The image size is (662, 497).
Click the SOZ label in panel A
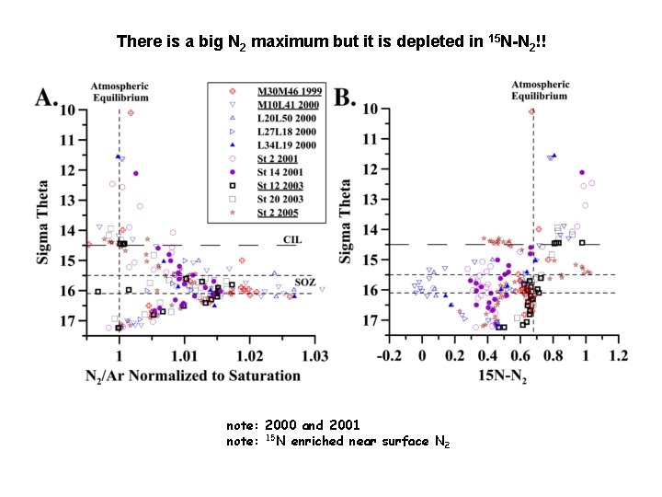coord(304,282)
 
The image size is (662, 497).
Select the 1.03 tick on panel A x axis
coord(314,354)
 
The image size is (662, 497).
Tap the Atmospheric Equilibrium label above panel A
coord(120,91)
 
